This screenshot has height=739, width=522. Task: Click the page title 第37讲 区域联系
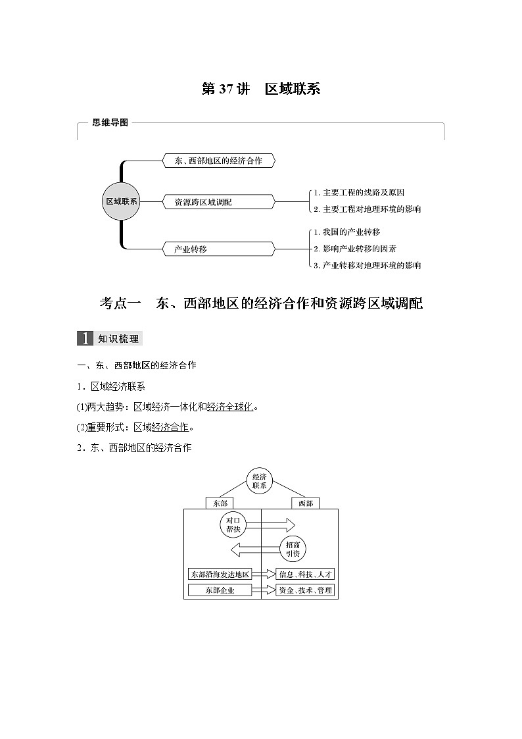point(260,89)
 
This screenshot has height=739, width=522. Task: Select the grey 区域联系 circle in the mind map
point(122,202)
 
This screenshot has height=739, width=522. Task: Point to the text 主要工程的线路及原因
point(362,193)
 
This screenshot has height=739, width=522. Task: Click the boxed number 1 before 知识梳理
point(85,339)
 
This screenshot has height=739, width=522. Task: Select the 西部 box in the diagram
point(306,503)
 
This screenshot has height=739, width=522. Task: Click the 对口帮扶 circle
point(233,524)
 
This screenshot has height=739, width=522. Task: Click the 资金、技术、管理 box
point(305,590)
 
